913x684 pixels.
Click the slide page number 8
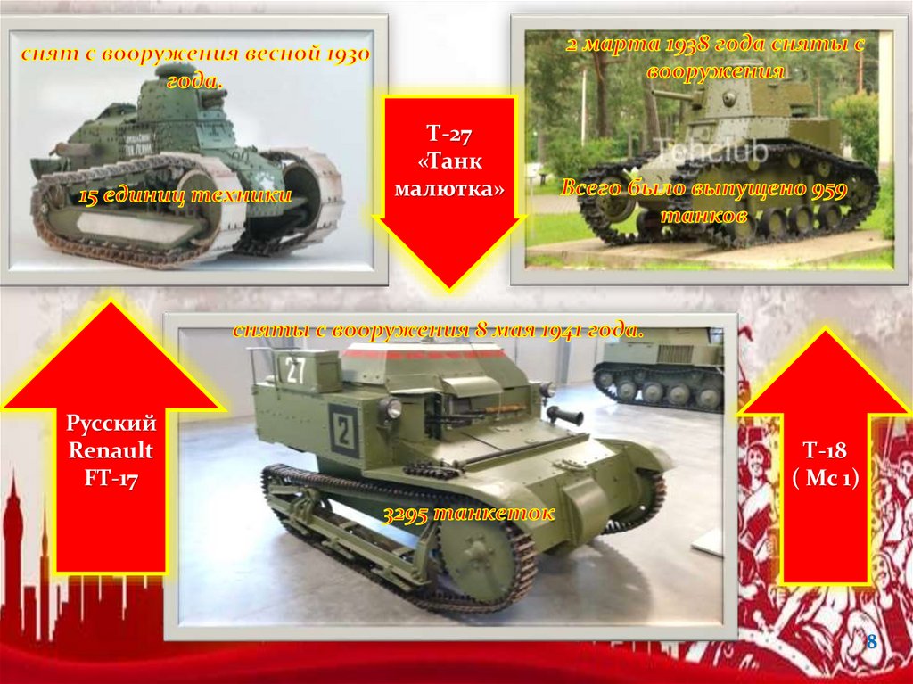(872, 642)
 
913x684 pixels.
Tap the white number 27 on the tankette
(294, 371)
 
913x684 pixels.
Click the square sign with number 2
(343, 431)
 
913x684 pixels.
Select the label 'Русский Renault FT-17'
(111, 451)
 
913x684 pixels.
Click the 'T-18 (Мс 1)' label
(825, 464)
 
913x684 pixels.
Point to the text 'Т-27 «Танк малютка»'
(449, 161)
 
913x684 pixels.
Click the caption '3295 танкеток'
(469, 514)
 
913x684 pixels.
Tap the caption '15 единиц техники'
(185, 195)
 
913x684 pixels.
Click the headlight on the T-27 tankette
(390, 408)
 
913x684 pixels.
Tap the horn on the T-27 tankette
(563, 416)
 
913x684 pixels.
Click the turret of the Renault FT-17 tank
(176, 96)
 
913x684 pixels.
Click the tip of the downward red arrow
(449, 290)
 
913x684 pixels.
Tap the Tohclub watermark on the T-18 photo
(711, 151)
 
